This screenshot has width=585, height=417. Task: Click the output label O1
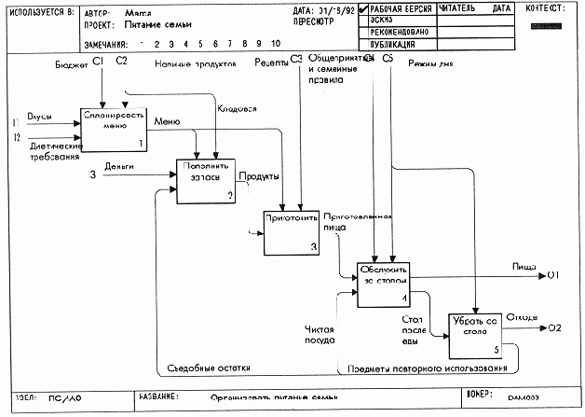553,275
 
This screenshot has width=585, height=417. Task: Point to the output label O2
555,327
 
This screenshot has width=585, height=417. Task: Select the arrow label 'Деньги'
119,165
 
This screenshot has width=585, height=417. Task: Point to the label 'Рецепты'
270,63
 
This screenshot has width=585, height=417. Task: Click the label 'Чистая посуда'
320,334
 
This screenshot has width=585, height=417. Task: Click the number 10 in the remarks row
276,44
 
